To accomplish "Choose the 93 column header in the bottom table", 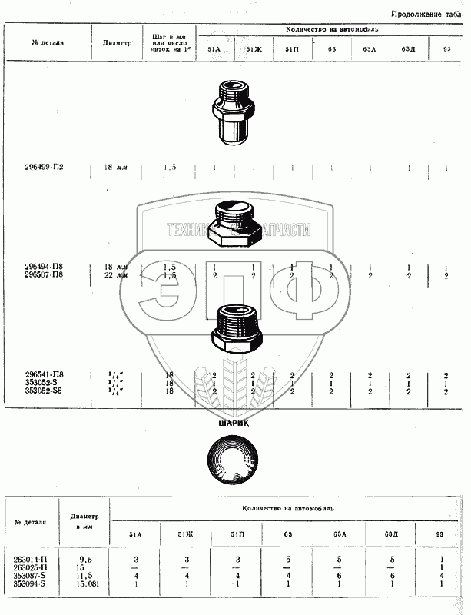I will point(438,534).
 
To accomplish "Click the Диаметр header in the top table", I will point(117,42).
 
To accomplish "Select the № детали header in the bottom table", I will point(32,522).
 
